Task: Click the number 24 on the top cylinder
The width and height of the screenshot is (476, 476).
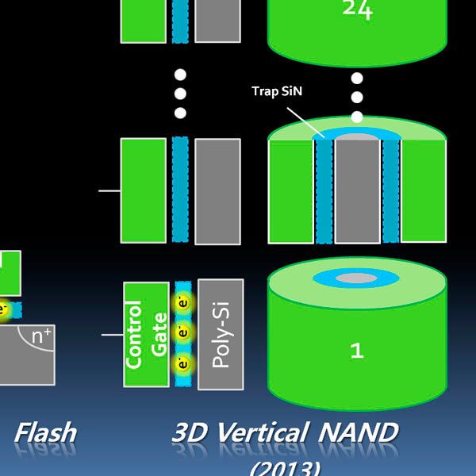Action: tap(357, 10)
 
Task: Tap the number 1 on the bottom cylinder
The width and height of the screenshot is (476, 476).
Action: tap(357, 350)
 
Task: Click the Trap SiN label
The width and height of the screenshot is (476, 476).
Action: tap(277, 91)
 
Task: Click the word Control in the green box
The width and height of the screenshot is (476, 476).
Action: tap(135, 334)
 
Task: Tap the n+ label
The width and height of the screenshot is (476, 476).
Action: tap(40, 336)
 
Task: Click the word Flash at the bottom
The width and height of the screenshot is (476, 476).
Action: tap(46, 432)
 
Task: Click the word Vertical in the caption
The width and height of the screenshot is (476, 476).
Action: tap(261, 432)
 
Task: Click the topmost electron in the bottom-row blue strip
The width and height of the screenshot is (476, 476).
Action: tap(183, 303)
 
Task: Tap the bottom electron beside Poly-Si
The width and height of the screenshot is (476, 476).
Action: tap(183, 364)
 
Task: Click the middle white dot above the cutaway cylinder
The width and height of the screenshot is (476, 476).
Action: tap(357, 98)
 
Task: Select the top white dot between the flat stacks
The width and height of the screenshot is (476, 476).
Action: tap(180, 75)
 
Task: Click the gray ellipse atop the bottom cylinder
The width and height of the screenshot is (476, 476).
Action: tap(357, 278)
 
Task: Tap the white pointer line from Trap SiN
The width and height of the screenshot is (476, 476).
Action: tap(305, 119)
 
